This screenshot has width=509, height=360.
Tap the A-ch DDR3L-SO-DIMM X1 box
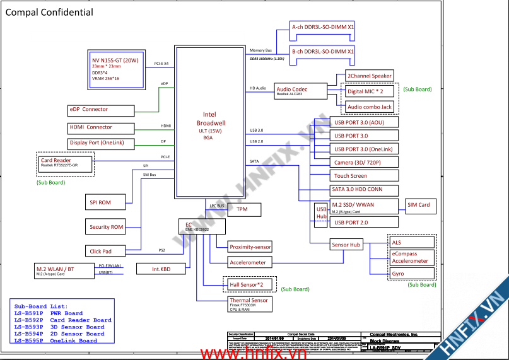tap(322, 28)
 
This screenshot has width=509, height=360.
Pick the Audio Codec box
tap(301, 91)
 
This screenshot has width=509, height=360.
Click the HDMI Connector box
tap(100, 127)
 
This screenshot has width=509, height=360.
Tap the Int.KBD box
tap(161, 269)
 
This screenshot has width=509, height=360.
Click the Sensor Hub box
tap(346, 245)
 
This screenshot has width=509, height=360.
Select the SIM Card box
tap(419, 206)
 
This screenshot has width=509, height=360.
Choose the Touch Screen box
tap(351, 176)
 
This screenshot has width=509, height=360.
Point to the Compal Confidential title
tap(49, 12)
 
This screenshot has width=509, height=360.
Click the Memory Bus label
tap(260, 50)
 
